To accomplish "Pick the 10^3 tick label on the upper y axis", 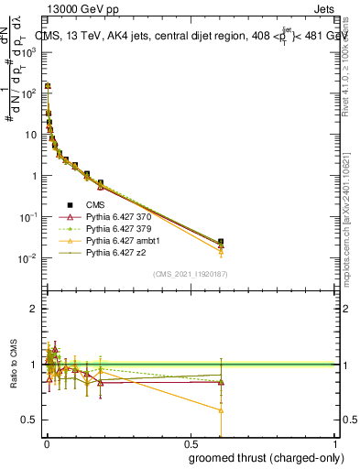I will click(28, 52).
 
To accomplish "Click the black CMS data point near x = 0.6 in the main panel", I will click(221, 242).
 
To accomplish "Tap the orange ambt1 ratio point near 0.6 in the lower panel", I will click(221, 410).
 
